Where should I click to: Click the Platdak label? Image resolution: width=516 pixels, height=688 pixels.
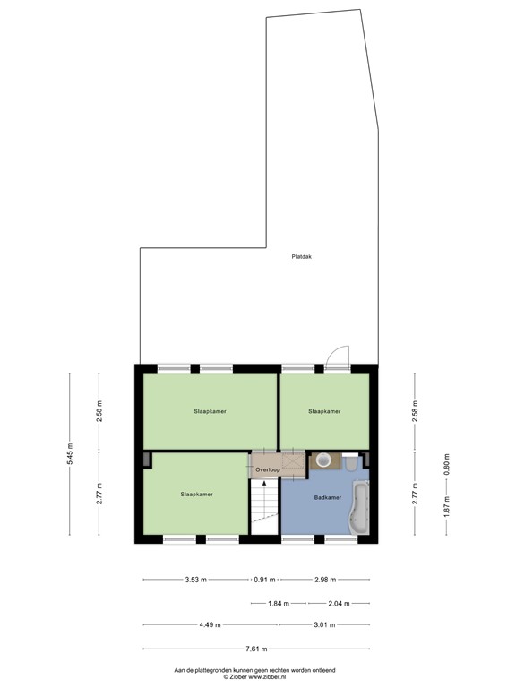click(x=301, y=256)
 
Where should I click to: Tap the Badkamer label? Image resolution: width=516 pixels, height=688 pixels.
click(x=327, y=496)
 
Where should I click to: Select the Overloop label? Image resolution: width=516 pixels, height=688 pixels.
click(x=266, y=469)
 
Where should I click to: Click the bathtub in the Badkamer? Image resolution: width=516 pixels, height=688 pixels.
click(x=361, y=507)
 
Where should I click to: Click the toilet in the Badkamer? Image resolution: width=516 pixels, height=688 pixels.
click(x=351, y=462)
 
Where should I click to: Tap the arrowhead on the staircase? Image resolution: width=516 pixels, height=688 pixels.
click(x=263, y=485)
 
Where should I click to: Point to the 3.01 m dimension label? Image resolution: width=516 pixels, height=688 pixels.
click(x=323, y=625)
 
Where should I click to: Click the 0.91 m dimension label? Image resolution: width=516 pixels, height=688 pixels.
click(x=265, y=580)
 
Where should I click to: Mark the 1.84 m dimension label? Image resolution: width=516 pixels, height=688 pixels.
click(x=279, y=603)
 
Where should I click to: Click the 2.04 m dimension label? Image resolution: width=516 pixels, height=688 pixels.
click(x=340, y=603)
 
